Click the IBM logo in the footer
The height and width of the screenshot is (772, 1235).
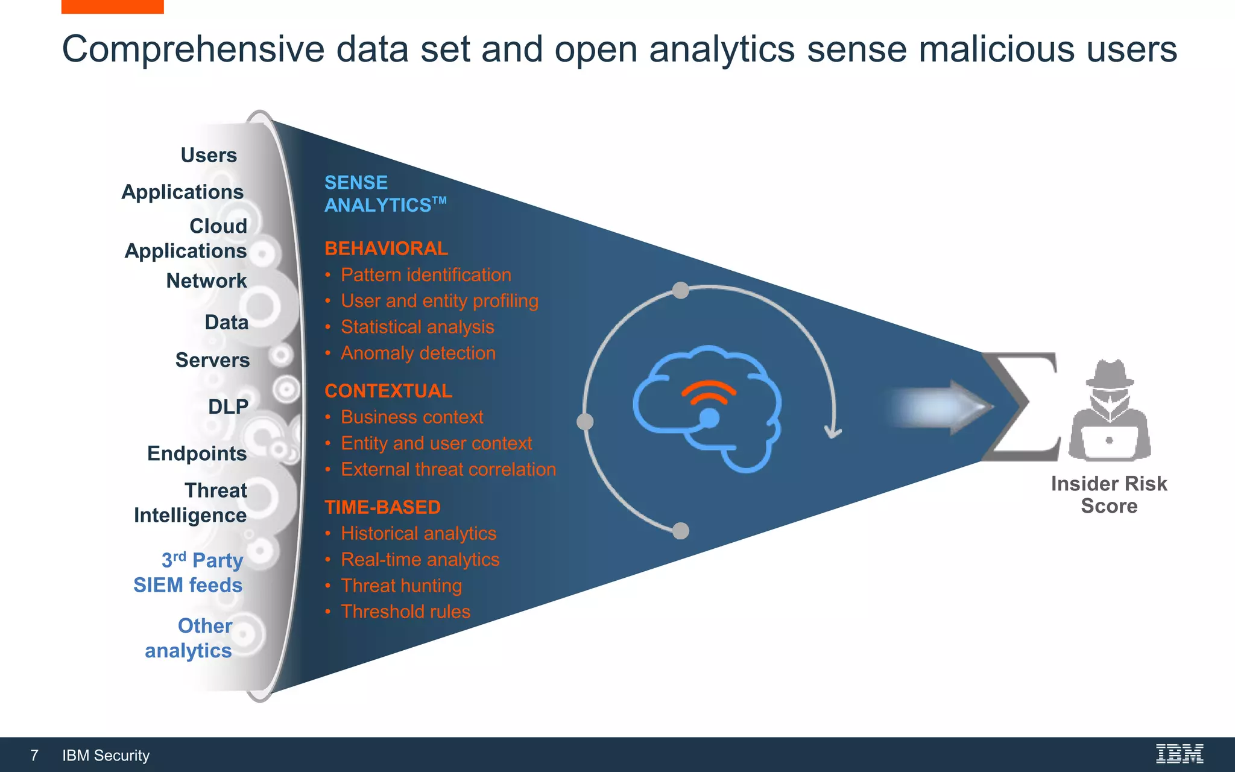(x=1179, y=754)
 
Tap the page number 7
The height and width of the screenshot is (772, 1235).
(x=34, y=755)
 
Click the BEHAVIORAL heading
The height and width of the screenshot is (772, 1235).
(x=386, y=248)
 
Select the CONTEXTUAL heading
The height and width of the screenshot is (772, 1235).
(x=388, y=391)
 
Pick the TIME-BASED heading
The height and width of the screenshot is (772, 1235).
(x=382, y=507)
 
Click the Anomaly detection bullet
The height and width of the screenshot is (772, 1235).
(x=418, y=353)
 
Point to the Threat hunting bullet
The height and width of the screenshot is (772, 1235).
(x=401, y=586)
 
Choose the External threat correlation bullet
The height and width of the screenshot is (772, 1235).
(x=448, y=469)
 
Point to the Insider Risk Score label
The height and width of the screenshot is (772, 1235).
(x=1108, y=495)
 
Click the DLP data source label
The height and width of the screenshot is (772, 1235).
(x=228, y=407)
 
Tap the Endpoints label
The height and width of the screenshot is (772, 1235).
(x=197, y=453)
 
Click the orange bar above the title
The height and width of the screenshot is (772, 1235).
(x=112, y=6)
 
